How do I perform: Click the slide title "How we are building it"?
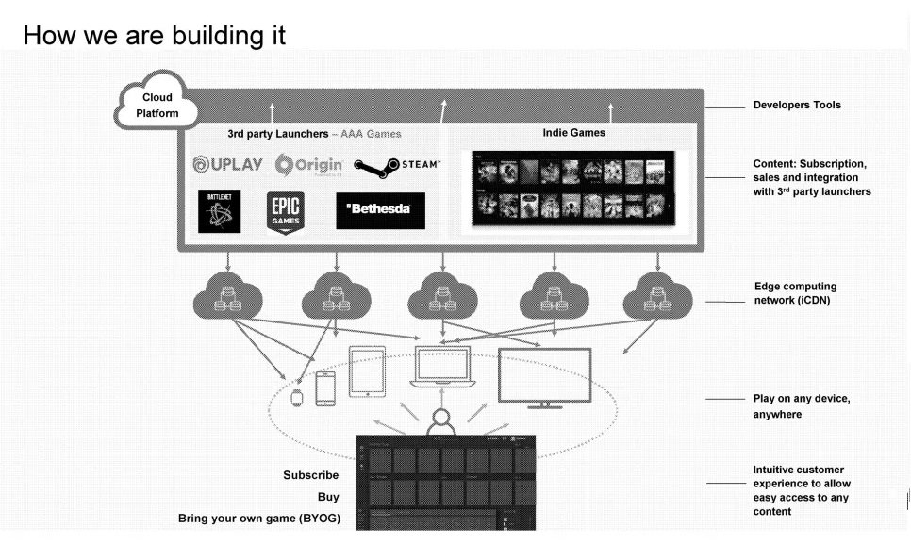tap(155, 35)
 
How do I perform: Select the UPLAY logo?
tap(227, 165)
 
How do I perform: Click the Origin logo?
tap(309, 165)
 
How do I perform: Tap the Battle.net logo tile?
tap(218, 210)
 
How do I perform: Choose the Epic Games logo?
tap(285, 211)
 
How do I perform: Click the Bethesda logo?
tap(380, 210)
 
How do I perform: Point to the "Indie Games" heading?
tap(573, 133)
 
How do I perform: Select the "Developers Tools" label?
tap(796, 105)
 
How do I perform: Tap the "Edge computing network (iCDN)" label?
tap(795, 292)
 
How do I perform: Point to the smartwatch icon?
tap(297, 397)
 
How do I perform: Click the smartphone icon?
tap(324, 388)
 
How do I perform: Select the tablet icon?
tap(367, 371)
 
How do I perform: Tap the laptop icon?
tap(442, 369)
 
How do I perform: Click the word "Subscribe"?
tap(310, 475)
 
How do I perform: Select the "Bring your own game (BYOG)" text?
tap(258, 519)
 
